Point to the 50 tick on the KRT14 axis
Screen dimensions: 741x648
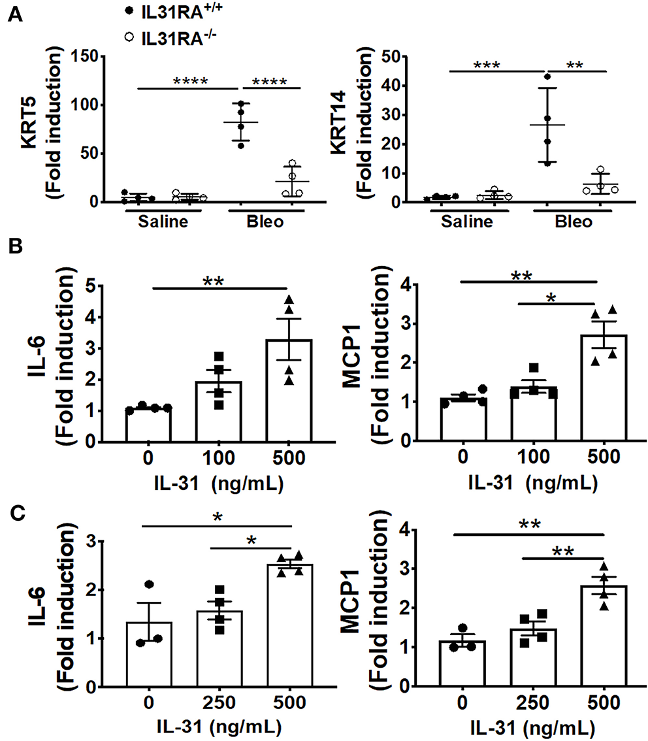[x=409, y=57]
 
